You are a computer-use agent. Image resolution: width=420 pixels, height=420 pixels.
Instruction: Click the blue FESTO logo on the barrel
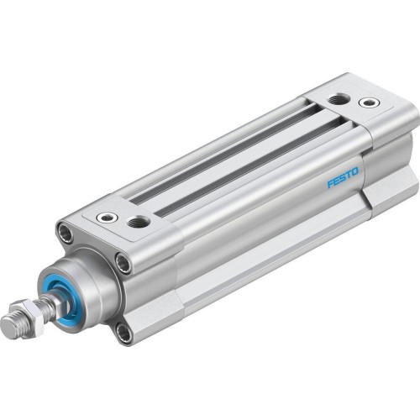pos(342,177)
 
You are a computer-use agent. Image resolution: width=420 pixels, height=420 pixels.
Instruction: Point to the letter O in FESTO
pos(355,172)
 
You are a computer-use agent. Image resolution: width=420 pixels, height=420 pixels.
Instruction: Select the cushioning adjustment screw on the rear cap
pos(368,102)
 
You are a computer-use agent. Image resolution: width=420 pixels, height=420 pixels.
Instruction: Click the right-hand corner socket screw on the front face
pos(123,265)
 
